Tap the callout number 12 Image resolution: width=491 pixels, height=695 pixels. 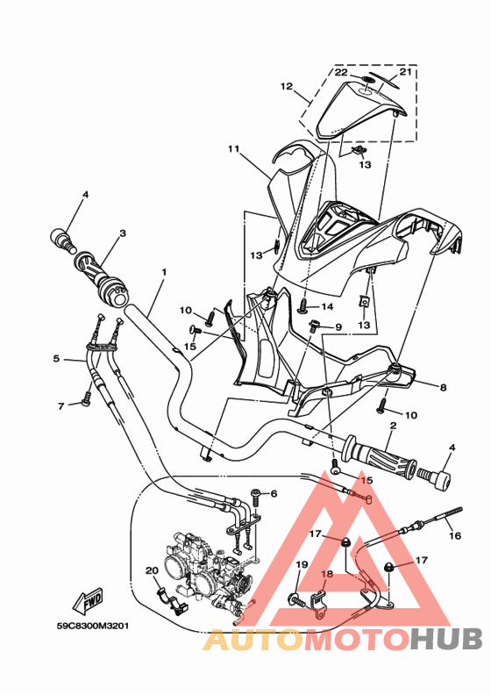(286, 86)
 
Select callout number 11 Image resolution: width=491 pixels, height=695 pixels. (233, 149)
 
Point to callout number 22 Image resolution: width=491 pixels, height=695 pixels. (340, 72)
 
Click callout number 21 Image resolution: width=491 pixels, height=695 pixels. (405, 72)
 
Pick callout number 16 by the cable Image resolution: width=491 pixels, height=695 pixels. (454, 535)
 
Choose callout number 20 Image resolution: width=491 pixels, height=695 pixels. (151, 571)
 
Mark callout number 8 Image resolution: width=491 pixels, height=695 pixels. (443, 386)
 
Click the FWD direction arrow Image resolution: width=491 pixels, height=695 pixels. (89, 601)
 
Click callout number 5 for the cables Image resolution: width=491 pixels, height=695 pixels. (56, 358)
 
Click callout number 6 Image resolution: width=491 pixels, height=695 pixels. (273, 494)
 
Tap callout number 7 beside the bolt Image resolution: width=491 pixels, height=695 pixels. (61, 406)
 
